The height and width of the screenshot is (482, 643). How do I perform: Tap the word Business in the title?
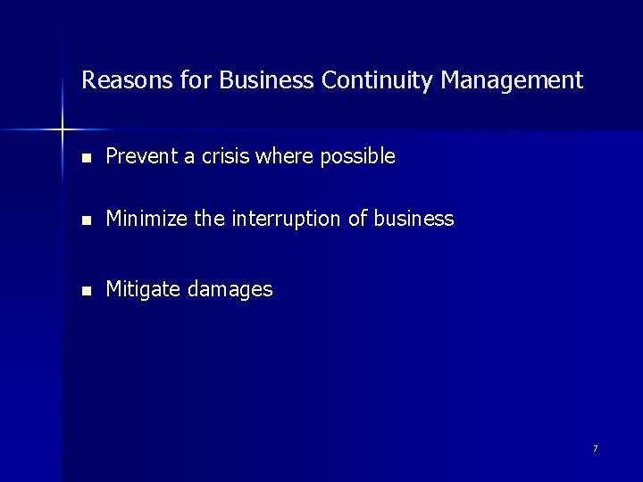pos(266,81)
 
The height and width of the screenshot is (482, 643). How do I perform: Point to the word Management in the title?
pos(512,81)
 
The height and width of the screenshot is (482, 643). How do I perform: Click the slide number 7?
pos(595,448)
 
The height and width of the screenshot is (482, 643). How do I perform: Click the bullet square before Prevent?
pos(86,158)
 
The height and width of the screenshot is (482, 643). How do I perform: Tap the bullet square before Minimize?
pos(86,220)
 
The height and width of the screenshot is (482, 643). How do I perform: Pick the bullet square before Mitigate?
pos(86,290)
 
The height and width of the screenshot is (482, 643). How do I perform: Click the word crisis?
pos(221,157)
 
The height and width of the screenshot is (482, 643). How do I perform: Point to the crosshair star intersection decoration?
pos(63,130)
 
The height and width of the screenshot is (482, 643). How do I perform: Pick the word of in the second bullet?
pos(357,219)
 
